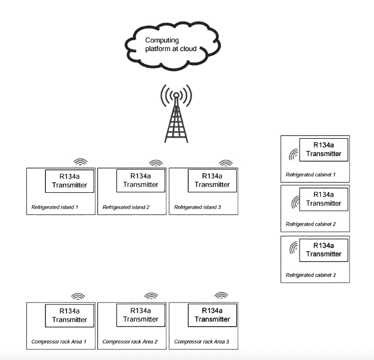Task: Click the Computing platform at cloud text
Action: tap(170, 44)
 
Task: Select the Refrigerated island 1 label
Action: tap(55, 207)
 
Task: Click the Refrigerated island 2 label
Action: tap(126, 207)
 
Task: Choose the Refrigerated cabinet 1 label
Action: tap(310, 175)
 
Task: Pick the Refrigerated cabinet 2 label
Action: tap(310, 224)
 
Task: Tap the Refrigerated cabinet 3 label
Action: tap(310, 275)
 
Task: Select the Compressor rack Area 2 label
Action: tap(130, 342)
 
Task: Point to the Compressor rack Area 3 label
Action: tap(202, 342)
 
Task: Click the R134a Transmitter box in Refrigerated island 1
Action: tap(69, 181)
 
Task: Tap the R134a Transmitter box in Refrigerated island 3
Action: tap(212, 180)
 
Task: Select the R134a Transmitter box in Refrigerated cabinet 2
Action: tap(324, 199)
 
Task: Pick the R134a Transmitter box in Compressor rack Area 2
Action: tap(141, 315)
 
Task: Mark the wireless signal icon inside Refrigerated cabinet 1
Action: tap(292, 154)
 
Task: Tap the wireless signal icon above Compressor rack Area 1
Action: tap(78, 296)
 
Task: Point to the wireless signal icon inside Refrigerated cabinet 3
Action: tap(292, 248)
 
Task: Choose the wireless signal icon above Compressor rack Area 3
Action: tap(221, 296)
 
